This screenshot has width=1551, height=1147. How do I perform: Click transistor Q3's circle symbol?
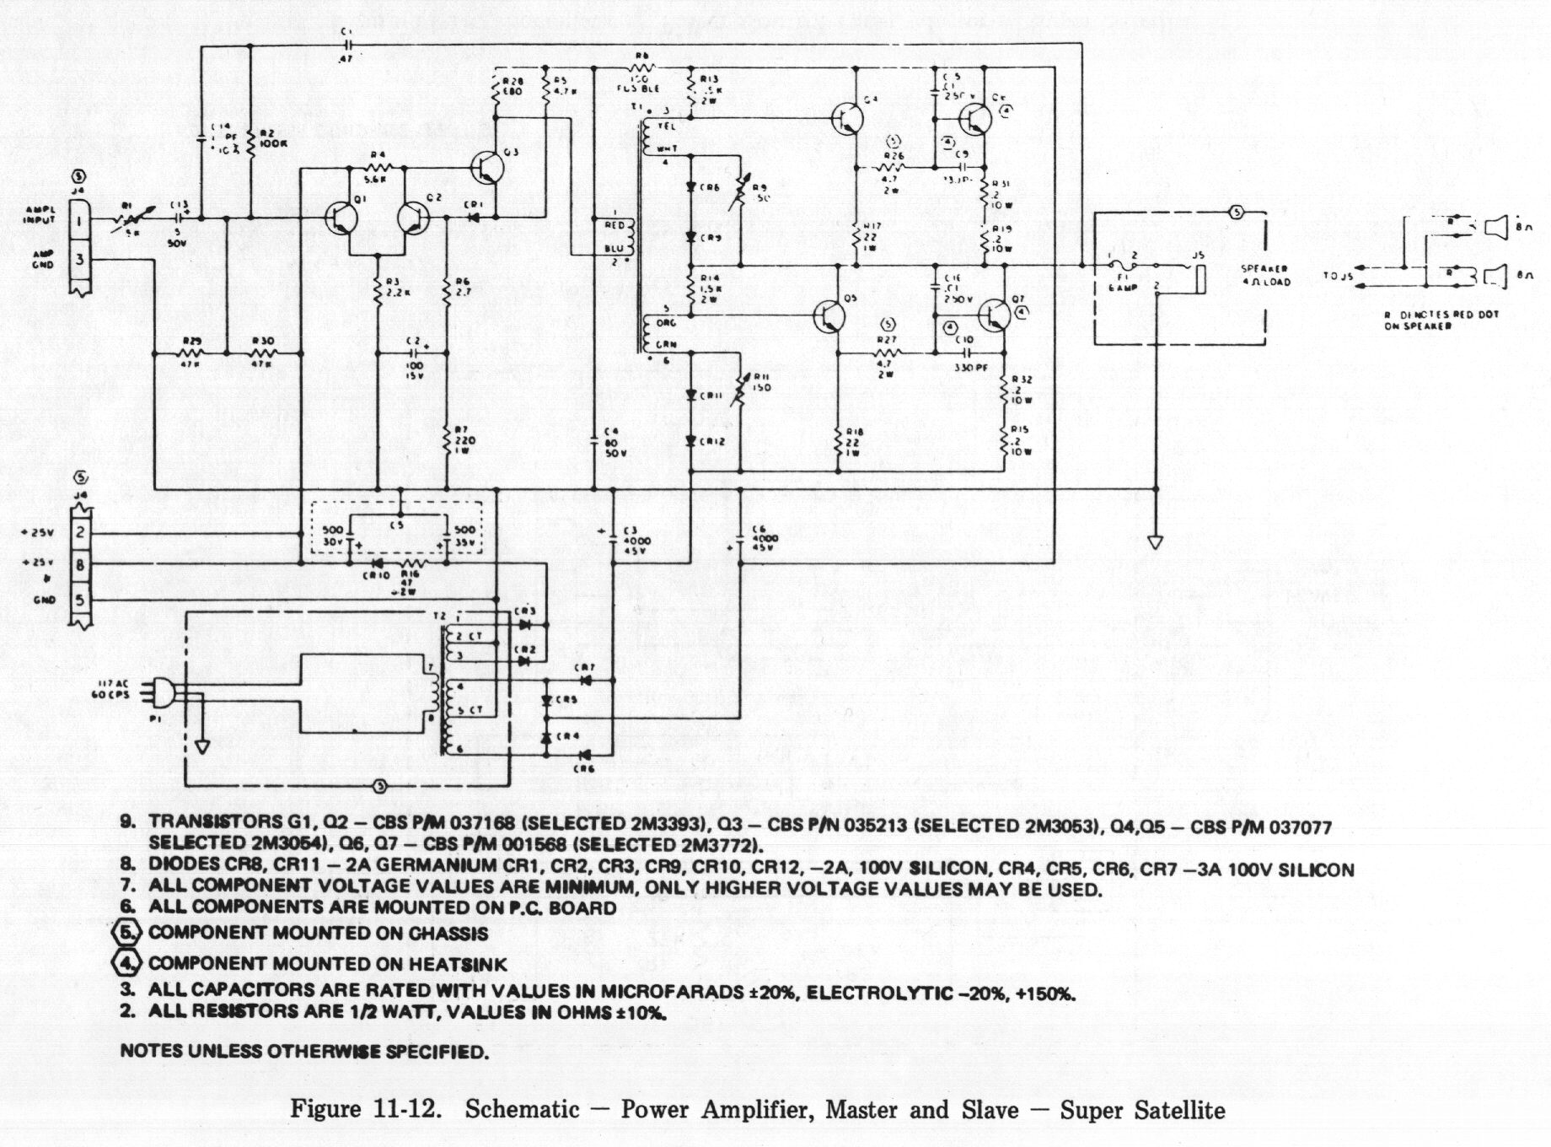pyautogui.click(x=486, y=167)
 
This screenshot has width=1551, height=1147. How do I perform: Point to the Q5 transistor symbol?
pyautogui.click(x=830, y=315)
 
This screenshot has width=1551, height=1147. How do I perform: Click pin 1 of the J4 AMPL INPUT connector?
pyautogui.click(x=80, y=222)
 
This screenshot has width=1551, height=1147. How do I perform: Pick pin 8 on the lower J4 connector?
pyautogui.click(x=80, y=565)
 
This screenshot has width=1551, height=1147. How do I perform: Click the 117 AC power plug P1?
pyautogui.click(x=162, y=693)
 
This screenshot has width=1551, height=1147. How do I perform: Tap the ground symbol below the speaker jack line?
pyautogui.click(x=1156, y=541)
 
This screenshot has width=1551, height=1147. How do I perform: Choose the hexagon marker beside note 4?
pyautogui.click(x=126, y=963)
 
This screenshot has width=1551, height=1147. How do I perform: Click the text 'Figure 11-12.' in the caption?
pyautogui.click(x=367, y=1108)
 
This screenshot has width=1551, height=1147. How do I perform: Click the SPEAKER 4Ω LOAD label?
pyautogui.click(x=1264, y=276)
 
